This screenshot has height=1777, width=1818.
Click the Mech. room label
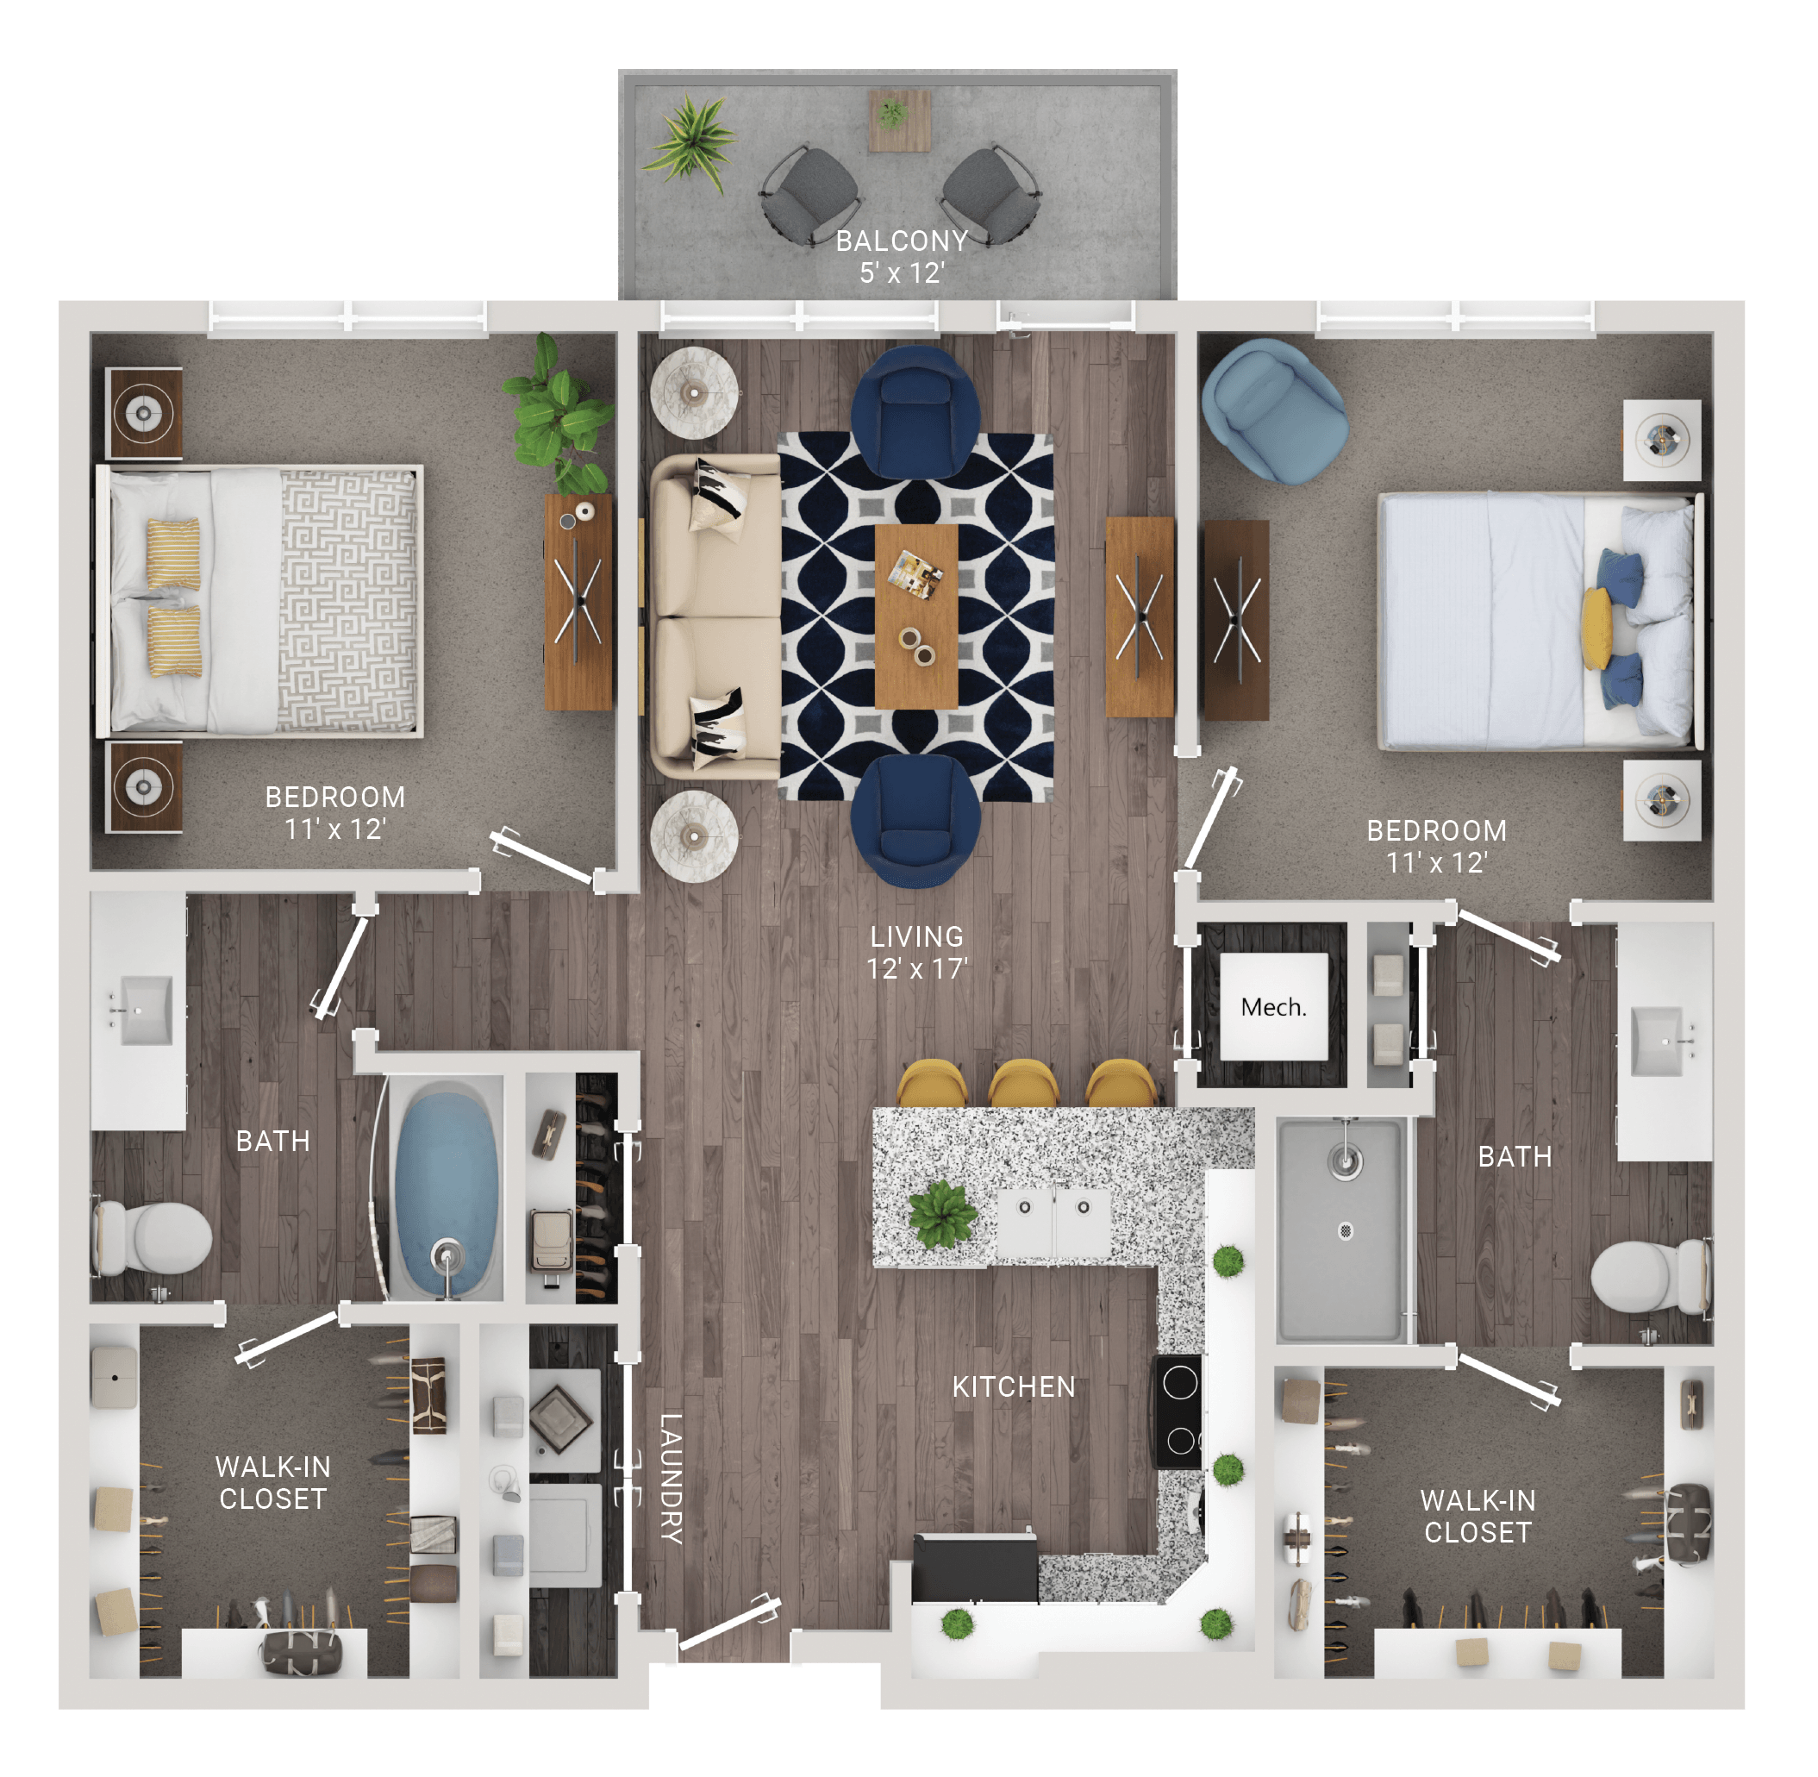pos(1273,1008)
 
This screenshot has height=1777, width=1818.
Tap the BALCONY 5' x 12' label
pos(902,257)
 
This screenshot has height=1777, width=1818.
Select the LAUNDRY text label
pos(671,1479)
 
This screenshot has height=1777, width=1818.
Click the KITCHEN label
pos(1014,1387)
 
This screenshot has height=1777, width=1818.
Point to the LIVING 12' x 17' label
pos(916,952)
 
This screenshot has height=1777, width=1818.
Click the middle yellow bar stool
pos(1023,1084)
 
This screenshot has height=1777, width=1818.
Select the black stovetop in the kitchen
pos(1178,1412)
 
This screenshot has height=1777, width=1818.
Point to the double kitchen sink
pos(1053,1221)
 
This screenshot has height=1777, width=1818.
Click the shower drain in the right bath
pos(1345,1230)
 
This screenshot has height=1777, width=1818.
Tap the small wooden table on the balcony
pos(900,121)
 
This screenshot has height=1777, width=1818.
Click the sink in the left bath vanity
pos(140,1011)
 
